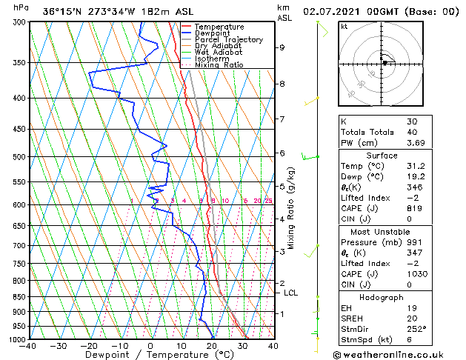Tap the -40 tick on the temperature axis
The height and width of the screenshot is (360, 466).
[29, 345]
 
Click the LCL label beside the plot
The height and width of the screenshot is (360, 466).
[291, 293]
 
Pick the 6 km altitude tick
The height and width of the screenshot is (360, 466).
[282, 153]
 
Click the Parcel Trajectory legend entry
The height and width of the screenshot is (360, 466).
[228, 40]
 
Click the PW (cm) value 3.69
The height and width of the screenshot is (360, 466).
[416, 143]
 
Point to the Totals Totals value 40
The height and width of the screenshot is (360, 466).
[411, 132]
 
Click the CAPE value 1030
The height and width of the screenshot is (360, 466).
[416, 274]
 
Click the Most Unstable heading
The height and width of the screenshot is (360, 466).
[381, 232]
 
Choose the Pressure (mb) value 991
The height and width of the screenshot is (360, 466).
[413, 242]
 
